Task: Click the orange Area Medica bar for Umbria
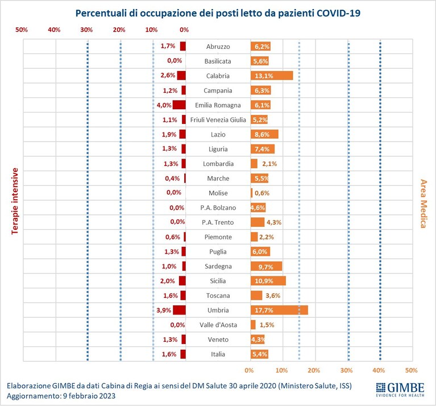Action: point(279,310)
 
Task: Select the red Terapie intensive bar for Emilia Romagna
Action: point(179,105)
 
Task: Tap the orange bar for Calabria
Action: point(272,76)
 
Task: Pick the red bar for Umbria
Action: point(180,310)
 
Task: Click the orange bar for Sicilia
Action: point(268,281)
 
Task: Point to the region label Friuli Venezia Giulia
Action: point(218,120)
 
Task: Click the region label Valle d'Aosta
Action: point(218,325)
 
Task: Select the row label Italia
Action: point(218,354)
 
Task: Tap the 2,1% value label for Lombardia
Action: point(269,164)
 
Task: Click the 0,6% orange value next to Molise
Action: point(262,193)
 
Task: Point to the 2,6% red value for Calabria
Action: point(168,75)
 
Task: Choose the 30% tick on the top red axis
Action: point(86,30)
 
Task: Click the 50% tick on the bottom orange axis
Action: point(411,370)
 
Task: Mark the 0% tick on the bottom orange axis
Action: point(249,370)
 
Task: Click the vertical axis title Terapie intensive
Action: point(15,201)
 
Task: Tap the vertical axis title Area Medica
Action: point(423,204)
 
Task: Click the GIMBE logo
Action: point(400,390)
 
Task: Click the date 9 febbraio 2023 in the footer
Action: point(89,396)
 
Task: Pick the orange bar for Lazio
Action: point(264,134)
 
